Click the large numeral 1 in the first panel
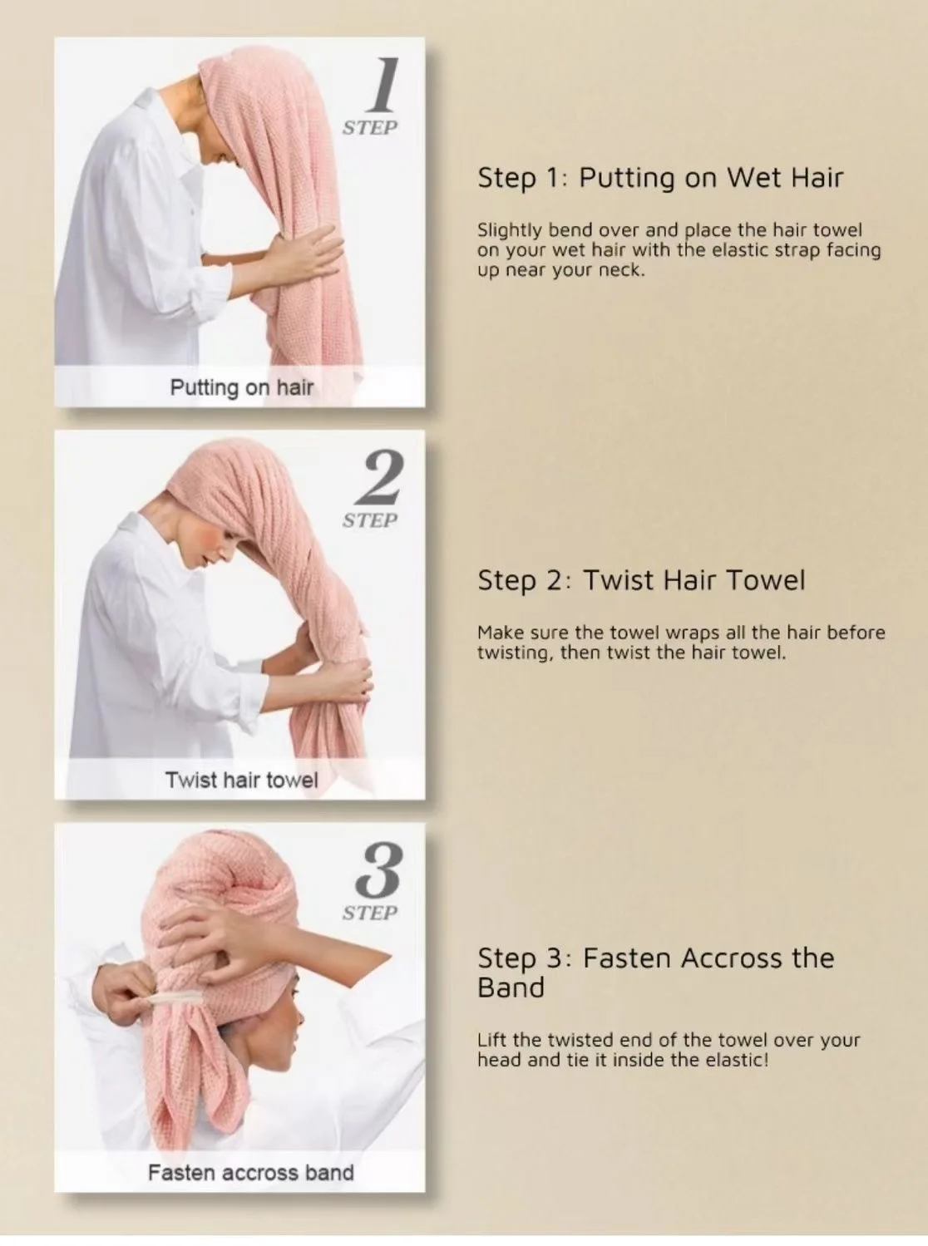click(383, 84)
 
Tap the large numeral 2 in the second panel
click(379, 478)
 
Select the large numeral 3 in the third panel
click(379, 870)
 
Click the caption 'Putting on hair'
click(241, 387)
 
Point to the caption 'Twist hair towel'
click(241, 780)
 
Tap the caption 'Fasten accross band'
click(250, 1173)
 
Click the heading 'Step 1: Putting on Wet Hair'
click(660, 178)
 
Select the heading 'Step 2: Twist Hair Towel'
click(641, 580)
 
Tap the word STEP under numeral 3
click(370, 913)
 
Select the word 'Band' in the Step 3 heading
click(511, 988)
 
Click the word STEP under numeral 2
click(370, 520)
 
